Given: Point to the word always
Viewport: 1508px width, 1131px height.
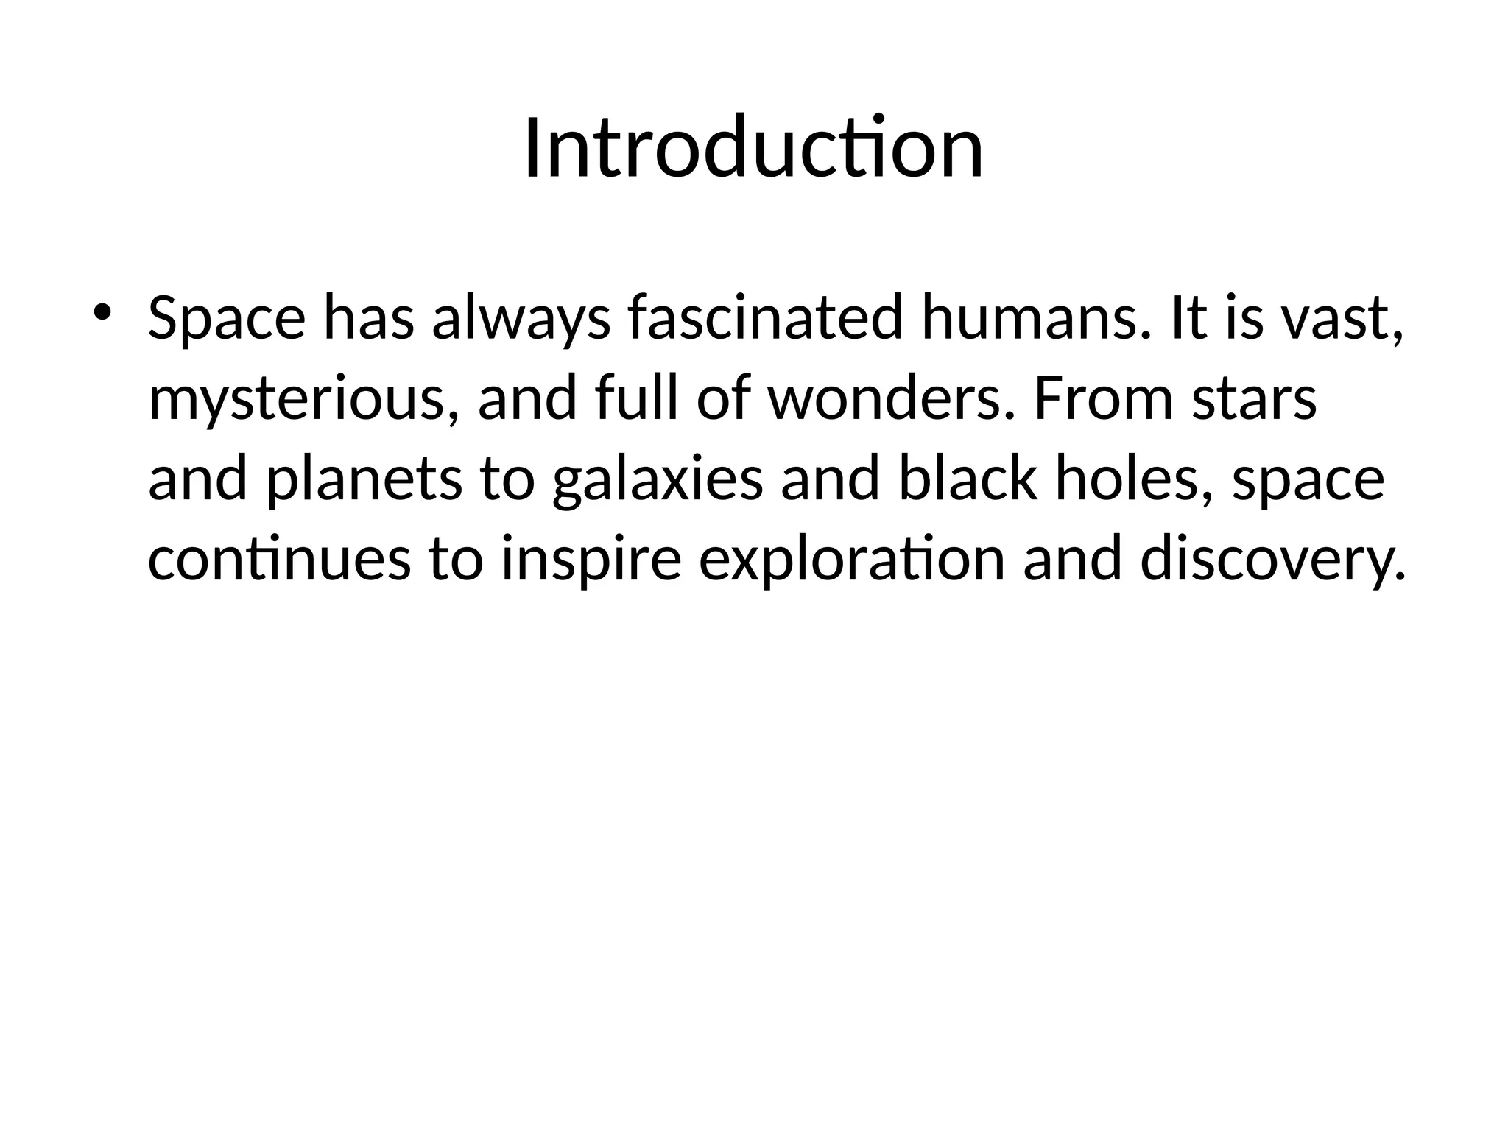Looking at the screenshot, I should (521, 318).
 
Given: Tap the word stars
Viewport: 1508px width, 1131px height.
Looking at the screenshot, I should (1254, 400).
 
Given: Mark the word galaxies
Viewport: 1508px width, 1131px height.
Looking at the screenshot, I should (657, 480).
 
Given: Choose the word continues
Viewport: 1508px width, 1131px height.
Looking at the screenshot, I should (279, 559).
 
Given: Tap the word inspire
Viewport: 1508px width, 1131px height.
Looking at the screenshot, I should (591, 560).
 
